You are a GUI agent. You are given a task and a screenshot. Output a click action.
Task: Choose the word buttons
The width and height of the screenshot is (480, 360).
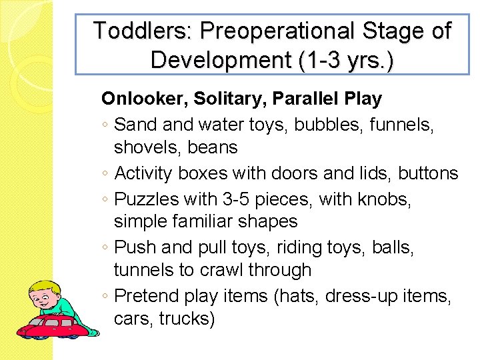tap(428, 173)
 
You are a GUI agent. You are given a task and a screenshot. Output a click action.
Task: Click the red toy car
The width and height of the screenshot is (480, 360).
tap(53, 325)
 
